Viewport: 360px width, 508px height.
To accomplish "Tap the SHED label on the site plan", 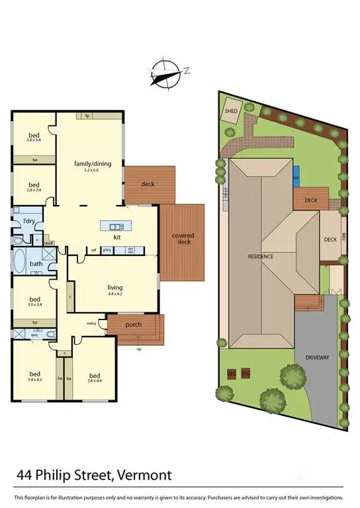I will pos(231,112).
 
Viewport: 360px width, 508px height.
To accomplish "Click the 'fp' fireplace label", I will pos(87,116).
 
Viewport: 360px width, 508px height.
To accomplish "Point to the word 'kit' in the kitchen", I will pos(116,236).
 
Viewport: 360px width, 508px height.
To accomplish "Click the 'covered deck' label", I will pos(183,239).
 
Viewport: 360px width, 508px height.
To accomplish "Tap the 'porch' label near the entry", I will pos(134,324).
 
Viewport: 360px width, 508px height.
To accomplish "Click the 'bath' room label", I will pos(36,265).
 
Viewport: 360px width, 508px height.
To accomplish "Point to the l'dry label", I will pos(29,220).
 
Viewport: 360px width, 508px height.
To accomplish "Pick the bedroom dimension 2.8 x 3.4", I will pos(34,190).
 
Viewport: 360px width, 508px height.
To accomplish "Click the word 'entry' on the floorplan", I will pos(92,323).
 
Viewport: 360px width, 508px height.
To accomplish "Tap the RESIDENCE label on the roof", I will pos(261,256).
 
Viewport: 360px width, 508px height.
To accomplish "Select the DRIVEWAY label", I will pos(317,357).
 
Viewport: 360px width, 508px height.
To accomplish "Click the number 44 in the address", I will pos(24,475).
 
